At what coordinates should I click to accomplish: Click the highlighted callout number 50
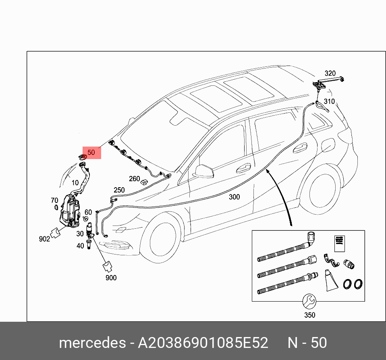point(91,153)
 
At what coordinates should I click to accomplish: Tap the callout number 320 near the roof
point(330,73)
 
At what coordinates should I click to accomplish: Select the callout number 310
point(329,101)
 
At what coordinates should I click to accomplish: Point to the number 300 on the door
point(234,197)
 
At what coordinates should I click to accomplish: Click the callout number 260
point(134,179)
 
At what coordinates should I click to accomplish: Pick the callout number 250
point(119,190)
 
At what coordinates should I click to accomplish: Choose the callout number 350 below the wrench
point(309,315)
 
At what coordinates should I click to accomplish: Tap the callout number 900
point(111,277)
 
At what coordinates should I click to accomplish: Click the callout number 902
point(44,239)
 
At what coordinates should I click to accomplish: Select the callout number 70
point(54,200)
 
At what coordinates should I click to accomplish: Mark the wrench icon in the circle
point(309,300)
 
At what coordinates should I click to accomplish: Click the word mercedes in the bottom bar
point(92,343)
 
